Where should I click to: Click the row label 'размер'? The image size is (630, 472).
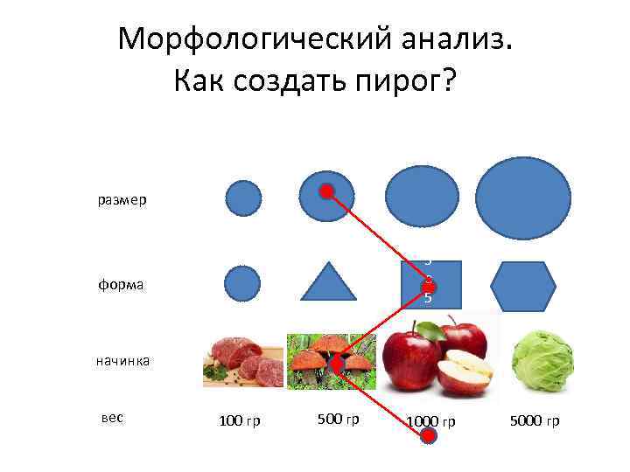coord(122,200)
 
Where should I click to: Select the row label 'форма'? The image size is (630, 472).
coord(122,284)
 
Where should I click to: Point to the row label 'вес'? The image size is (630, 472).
coord(112,418)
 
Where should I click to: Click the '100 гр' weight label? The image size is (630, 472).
coord(239,421)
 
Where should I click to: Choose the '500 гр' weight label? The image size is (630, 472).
coord(339,420)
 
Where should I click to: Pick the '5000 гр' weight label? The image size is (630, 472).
coord(534,421)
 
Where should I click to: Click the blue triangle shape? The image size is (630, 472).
coord(329,282)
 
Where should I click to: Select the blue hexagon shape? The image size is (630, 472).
coord(523,286)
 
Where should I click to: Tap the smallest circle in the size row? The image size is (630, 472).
coord(243,198)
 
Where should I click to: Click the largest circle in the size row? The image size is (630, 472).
coord(523,198)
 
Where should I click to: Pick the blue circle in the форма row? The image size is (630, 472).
coord(242,283)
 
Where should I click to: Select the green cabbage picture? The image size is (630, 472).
coord(542,361)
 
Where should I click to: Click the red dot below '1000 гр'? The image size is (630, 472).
coord(428,437)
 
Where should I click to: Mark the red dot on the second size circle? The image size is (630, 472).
coord(325,191)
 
